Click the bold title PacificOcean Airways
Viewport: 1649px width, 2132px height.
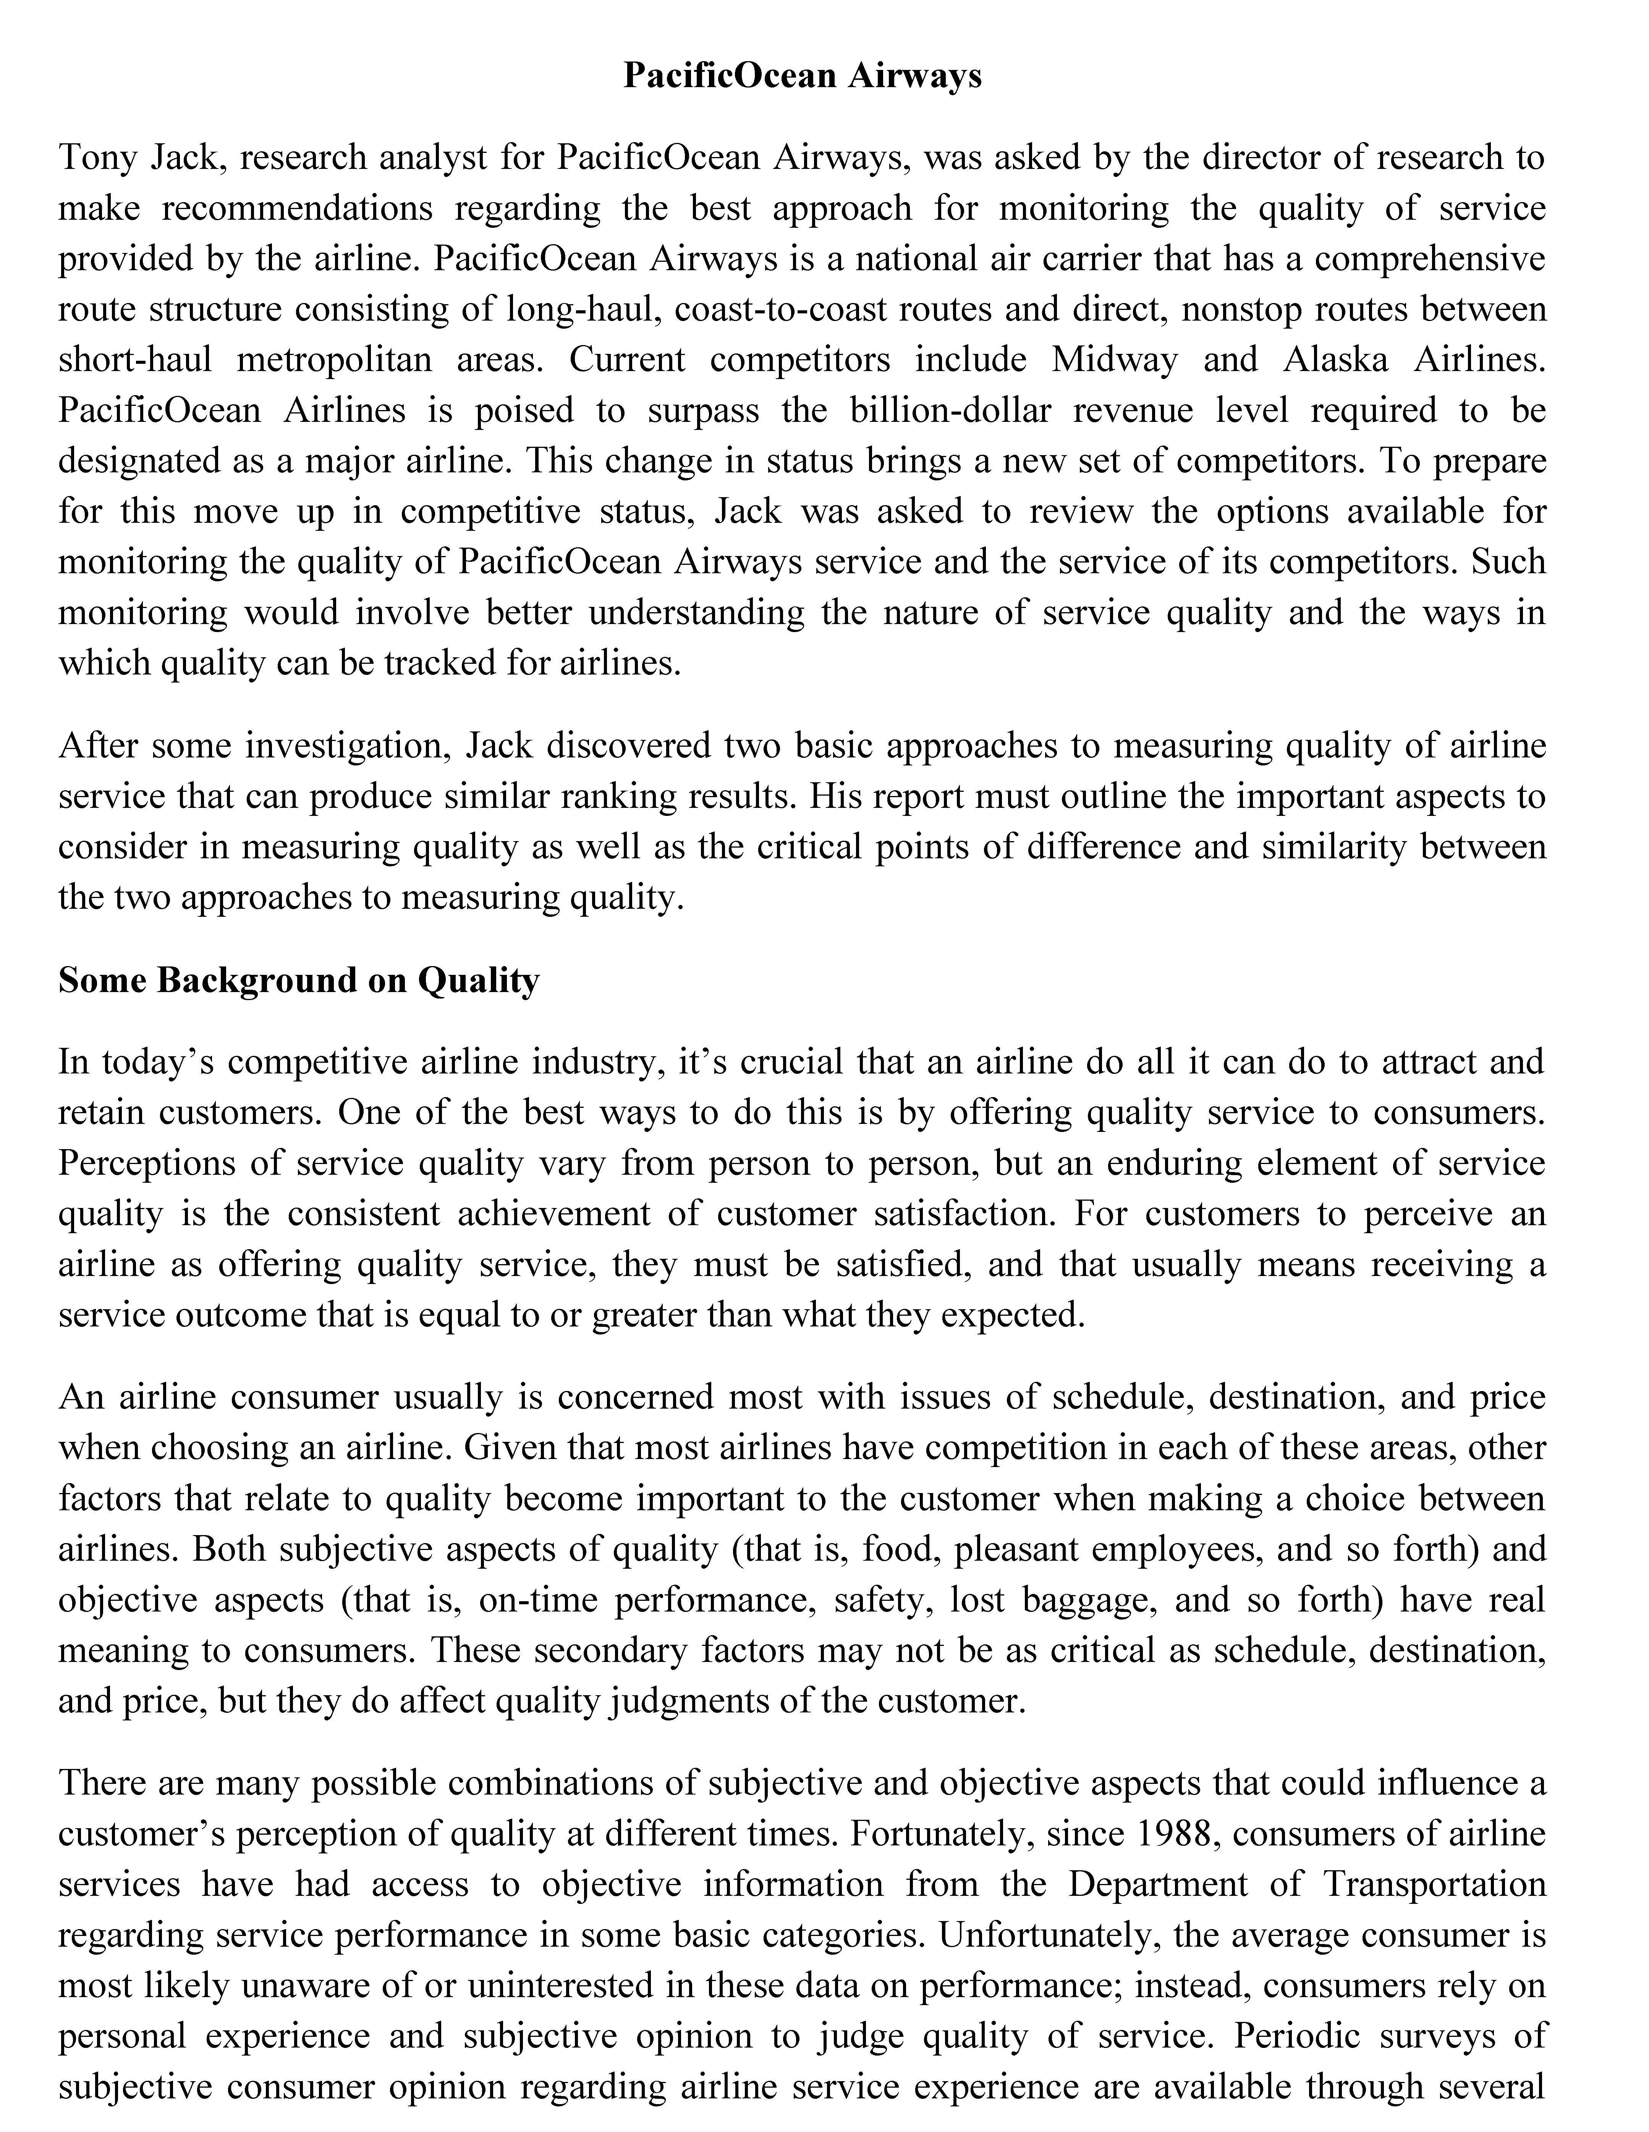802,75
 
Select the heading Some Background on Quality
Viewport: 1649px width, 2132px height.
299,980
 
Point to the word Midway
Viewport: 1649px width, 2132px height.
1114,359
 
